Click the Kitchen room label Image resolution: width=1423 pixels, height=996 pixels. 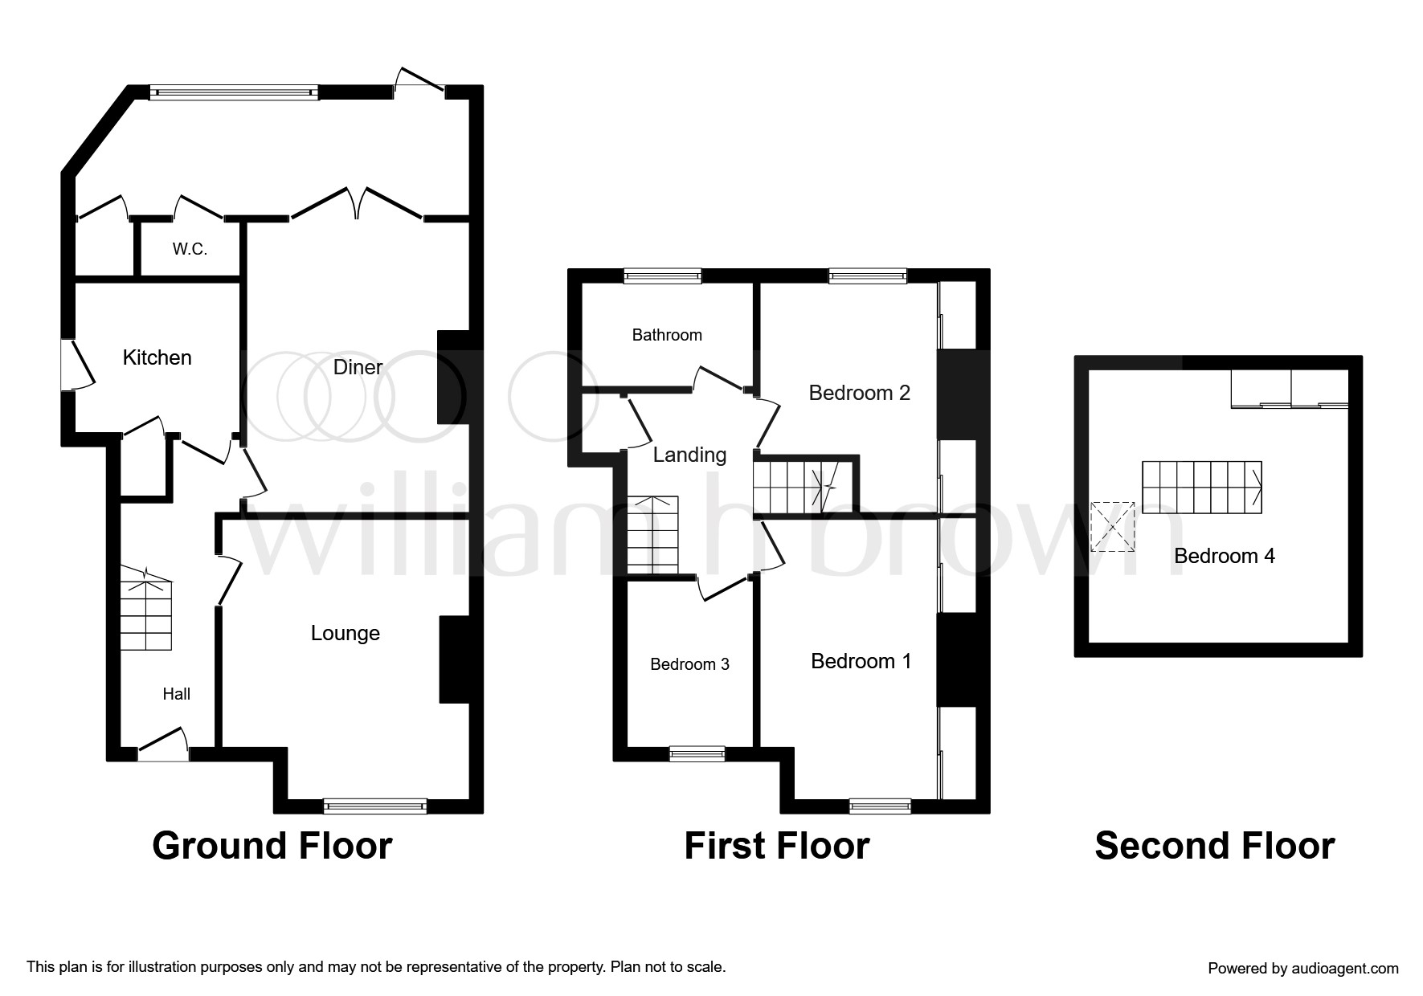click(157, 357)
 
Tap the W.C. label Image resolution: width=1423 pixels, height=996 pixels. click(190, 249)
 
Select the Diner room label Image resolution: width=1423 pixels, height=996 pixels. click(358, 367)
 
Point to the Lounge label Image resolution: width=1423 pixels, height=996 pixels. click(345, 633)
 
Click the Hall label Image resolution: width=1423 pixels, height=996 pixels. click(177, 694)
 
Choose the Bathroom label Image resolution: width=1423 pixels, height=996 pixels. click(667, 335)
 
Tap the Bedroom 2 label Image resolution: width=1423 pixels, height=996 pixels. click(859, 393)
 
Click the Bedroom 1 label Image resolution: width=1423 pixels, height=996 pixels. click(861, 661)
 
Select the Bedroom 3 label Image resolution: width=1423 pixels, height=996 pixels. click(689, 664)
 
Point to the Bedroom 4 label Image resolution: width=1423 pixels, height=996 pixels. click(1224, 556)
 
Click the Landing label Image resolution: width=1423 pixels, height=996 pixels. click(689, 455)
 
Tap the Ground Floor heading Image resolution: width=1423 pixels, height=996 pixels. click(272, 847)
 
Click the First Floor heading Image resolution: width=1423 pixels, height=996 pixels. click(776, 847)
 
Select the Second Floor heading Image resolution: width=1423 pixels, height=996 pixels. click(1214, 847)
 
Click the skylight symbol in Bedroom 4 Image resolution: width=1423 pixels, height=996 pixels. click(1113, 527)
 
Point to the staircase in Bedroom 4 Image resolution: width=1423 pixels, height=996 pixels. click(1202, 487)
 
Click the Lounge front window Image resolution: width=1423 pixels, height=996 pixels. click(375, 805)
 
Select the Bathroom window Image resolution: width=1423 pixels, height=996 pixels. click(663, 276)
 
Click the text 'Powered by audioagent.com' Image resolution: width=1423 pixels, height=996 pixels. click(1302, 969)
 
